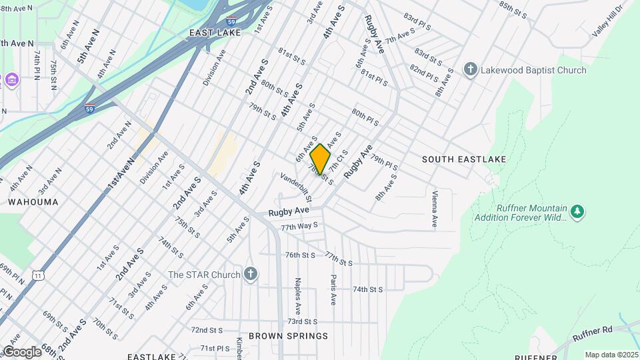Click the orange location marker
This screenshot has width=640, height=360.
[x=321, y=159]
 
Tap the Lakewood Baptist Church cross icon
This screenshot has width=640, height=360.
[x=470, y=70]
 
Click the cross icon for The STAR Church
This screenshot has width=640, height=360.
[x=250, y=274]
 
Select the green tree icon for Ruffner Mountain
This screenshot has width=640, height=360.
[x=578, y=212]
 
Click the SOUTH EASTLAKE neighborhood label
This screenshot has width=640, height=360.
[x=464, y=159]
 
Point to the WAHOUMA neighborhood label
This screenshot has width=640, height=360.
[x=33, y=201]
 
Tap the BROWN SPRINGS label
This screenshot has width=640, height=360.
[x=288, y=336]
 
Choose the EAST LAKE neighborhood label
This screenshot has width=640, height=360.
[x=214, y=32]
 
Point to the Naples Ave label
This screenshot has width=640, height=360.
[x=298, y=296]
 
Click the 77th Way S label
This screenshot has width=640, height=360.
[x=299, y=227]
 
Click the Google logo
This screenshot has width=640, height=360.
[x=21, y=351]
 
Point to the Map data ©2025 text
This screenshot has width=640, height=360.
[x=611, y=355]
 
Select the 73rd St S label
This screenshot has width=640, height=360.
[x=302, y=321]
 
